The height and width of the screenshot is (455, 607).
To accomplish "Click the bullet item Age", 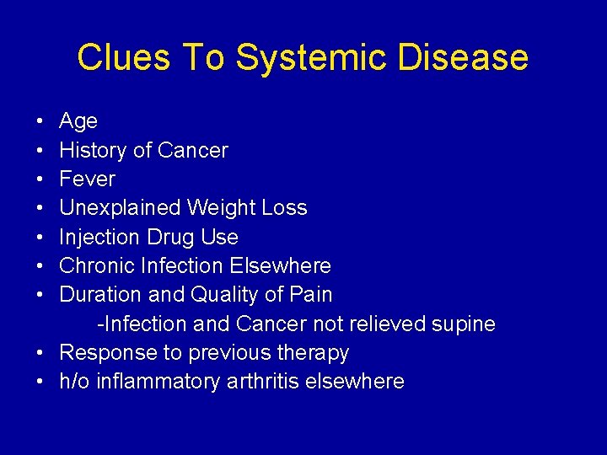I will tap(78, 121).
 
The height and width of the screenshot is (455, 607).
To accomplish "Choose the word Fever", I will tap(87, 179).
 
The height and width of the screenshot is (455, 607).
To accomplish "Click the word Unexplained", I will tap(121, 208).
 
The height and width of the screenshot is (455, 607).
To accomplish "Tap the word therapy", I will tap(313, 353).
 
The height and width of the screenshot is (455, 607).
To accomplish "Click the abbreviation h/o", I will tap(75, 382).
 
